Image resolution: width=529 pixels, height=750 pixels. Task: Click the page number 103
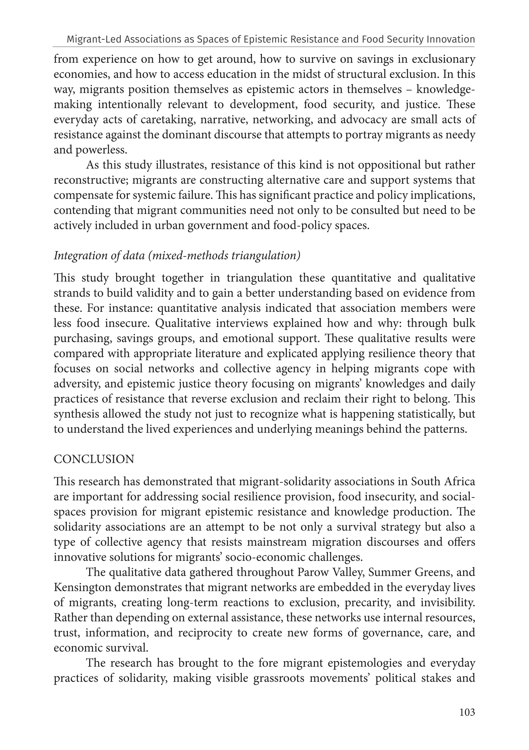point(467,712)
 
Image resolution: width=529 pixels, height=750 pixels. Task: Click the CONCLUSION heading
point(94,459)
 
